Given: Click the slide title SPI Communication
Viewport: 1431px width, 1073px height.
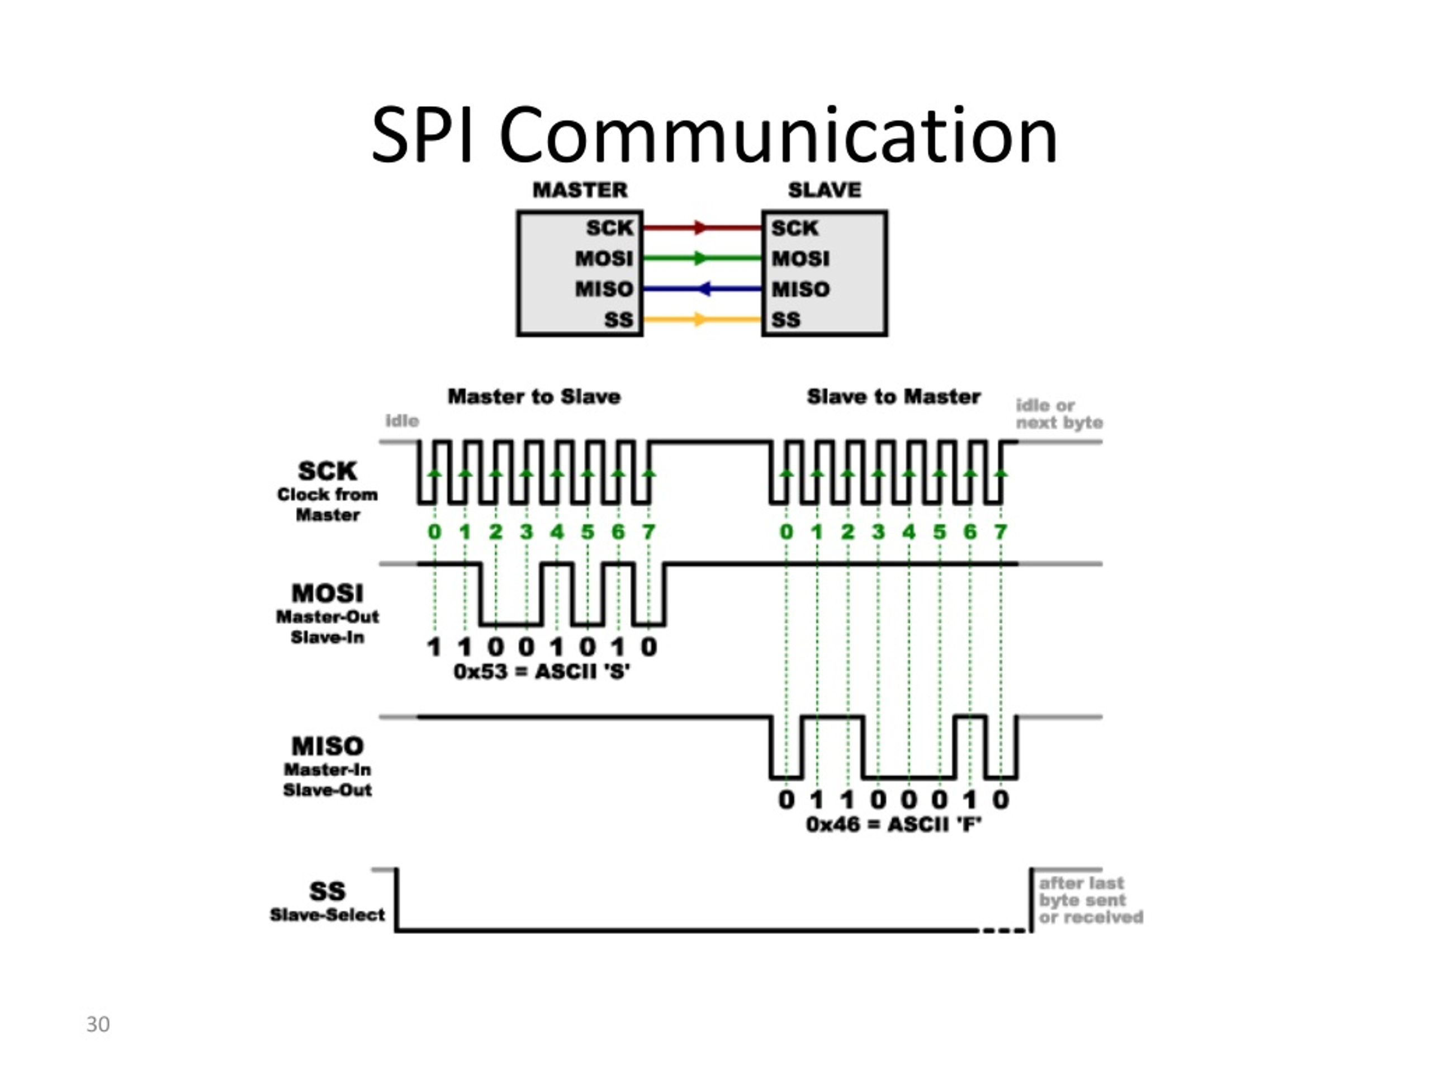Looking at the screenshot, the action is point(714,135).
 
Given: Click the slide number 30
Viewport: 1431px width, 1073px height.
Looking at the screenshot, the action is point(98,1024).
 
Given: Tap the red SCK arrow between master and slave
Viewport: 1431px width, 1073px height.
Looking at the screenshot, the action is point(702,227).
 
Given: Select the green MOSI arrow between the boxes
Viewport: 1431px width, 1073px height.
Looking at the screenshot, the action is point(702,258).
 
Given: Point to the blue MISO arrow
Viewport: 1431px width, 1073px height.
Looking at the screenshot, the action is point(702,288).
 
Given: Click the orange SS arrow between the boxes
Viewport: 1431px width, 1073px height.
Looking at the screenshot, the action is point(702,319).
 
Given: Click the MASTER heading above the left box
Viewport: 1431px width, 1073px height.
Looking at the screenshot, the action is point(580,189).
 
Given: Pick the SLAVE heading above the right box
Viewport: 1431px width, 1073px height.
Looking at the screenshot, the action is point(824,189).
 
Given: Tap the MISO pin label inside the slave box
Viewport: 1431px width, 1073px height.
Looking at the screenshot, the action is point(800,289).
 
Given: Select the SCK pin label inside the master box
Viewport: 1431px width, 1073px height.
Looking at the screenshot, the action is point(609,227).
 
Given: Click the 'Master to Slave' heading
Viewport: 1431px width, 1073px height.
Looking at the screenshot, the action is point(534,396).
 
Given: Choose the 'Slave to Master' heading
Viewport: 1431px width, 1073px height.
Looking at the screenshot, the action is point(893,396).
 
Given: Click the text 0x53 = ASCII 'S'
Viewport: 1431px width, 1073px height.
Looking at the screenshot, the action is point(542,671).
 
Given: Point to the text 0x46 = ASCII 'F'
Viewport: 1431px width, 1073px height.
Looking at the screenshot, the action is point(894,825).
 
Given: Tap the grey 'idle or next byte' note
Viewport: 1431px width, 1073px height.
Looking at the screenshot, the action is point(1059,414).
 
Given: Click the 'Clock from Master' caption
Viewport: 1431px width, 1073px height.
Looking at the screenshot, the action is point(328,505).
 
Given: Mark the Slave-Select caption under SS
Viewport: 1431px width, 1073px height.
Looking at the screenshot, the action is point(328,914).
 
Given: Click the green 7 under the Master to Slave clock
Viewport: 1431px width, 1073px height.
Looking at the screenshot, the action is point(649,531).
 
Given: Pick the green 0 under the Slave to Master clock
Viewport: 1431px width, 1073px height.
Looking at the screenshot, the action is point(786,531).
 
